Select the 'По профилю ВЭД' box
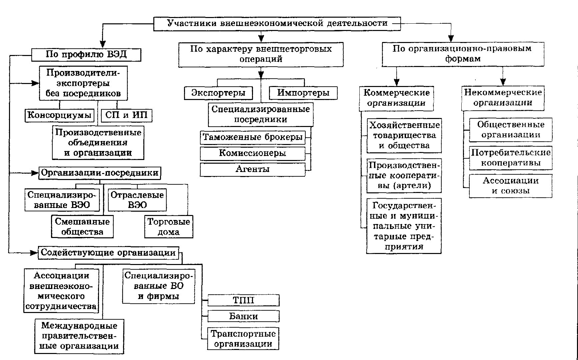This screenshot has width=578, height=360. pyautogui.click(x=86, y=55)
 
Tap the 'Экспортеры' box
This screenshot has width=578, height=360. pyautogui.click(x=218, y=93)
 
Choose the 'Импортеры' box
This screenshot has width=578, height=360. pyautogui.click(x=303, y=93)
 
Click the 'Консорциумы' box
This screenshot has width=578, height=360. pyautogui.click(x=59, y=116)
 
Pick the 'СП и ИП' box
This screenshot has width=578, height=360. pyautogui.click(x=126, y=116)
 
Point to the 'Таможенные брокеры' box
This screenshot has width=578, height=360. pyautogui.click(x=253, y=137)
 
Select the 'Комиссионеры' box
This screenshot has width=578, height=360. pyautogui.click(x=253, y=153)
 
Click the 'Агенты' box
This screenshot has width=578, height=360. pyautogui.click(x=253, y=169)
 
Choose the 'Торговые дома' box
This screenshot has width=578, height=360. pyautogui.click(x=169, y=227)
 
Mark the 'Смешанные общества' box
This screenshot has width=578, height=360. pyautogui.click(x=82, y=227)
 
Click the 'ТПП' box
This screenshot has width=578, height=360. pyautogui.click(x=244, y=300)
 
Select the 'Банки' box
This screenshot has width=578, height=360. pyautogui.click(x=244, y=316)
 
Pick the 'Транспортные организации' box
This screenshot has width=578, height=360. pyautogui.click(x=243, y=339)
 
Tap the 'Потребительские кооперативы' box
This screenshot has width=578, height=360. pyautogui.click(x=511, y=158)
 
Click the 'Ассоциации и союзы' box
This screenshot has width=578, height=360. pyautogui.click(x=511, y=186)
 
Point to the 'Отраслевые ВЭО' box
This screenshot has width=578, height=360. pyautogui.click(x=137, y=200)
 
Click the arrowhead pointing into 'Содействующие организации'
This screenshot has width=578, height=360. pyautogui.click(x=34, y=253)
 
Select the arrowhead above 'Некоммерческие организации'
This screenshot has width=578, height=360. pyautogui.click(x=503, y=81)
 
